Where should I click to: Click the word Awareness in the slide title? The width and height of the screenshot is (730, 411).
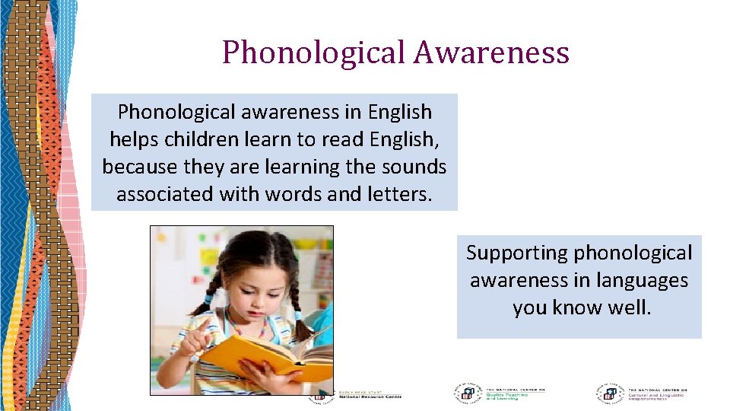pos(492,53)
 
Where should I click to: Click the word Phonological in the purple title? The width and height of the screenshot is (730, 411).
pos(314,53)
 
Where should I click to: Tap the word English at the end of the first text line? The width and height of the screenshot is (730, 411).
pos(399,113)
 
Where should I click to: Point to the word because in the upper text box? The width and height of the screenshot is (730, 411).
pos(136,167)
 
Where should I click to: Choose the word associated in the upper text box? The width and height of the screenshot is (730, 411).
pos(165,194)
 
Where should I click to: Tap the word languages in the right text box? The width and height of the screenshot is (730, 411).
pos(642,280)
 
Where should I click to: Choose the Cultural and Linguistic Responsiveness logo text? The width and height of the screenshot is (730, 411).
pos(655,394)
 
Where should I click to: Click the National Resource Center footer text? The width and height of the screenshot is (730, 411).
pos(370,396)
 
